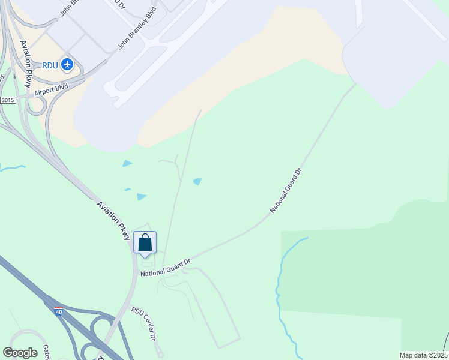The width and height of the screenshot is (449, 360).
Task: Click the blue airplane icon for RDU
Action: [x=67, y=64]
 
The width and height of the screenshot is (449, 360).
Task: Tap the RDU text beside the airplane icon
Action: [x=50, y=65]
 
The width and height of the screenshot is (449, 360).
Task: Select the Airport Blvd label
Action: [x=51, y=90]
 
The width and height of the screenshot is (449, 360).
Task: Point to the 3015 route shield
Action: [x=8, y=100]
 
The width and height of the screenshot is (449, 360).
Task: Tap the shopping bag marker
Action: [x=145, y=243]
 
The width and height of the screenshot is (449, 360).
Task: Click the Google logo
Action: [x=20, y=353]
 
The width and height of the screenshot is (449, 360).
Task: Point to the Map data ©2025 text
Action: [x=423, y=355]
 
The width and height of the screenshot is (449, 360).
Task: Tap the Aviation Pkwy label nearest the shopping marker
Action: [x=114, y=221]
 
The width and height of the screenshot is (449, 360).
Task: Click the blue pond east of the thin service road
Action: [x=197, y=182]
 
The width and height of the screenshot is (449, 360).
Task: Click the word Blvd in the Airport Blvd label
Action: [x=62, y=87]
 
